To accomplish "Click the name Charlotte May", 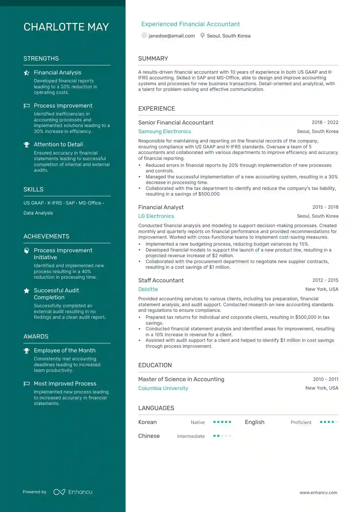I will point(66,27).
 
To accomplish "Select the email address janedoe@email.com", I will point(172,36).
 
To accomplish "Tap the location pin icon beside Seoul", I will point(202,36).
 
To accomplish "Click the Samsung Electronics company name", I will point(165,131).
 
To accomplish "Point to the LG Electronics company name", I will point(156,216).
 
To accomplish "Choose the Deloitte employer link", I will point(148,289).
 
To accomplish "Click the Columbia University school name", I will point(163,388).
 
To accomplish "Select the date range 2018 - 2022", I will point(325,122).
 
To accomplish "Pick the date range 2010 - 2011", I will point(326,379).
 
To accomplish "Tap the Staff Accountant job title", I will point(161,280).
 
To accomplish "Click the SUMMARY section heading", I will point(153,59).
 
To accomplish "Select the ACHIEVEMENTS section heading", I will point(46,236).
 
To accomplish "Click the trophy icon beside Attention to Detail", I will point(26,145).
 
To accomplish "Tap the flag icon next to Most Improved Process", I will point(27,384).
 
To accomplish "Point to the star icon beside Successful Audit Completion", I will point(26,291).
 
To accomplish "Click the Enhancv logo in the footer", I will point(73,492).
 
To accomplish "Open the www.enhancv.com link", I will point(318,492).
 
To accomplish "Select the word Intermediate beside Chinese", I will point(191,436).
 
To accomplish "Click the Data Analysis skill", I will point(38,213).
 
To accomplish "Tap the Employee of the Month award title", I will point(65,351).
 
